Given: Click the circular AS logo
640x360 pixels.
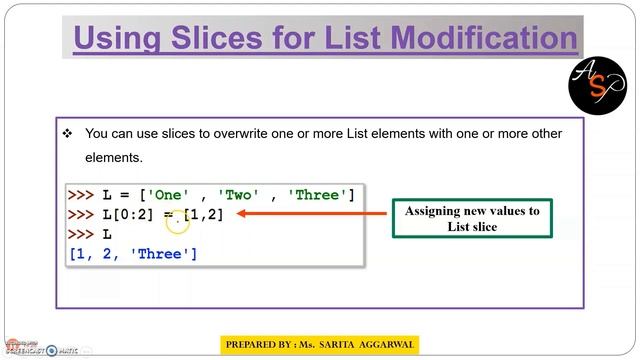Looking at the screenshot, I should [x=596, y=83].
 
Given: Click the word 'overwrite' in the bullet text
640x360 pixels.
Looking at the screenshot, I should [x=264, y=133].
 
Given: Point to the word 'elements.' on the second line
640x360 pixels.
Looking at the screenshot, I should [x=115, y=157].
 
